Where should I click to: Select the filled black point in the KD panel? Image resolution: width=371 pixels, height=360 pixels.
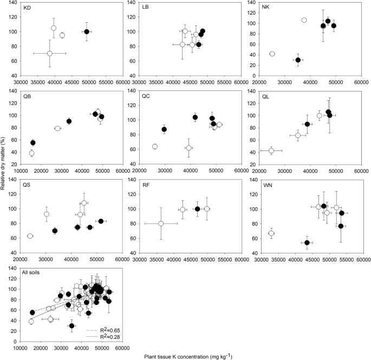[x=87, y=31]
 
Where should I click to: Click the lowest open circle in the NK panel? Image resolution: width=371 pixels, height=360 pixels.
[x=272, y=54]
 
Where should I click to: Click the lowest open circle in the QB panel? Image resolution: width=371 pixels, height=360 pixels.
[x=31, y=153]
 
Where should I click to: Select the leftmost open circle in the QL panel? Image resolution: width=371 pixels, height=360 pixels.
[x=271, y=150]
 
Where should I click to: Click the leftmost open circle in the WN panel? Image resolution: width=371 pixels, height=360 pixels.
[x=271, y=233]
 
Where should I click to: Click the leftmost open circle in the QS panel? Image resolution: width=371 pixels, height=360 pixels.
[x=30, y=236]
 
